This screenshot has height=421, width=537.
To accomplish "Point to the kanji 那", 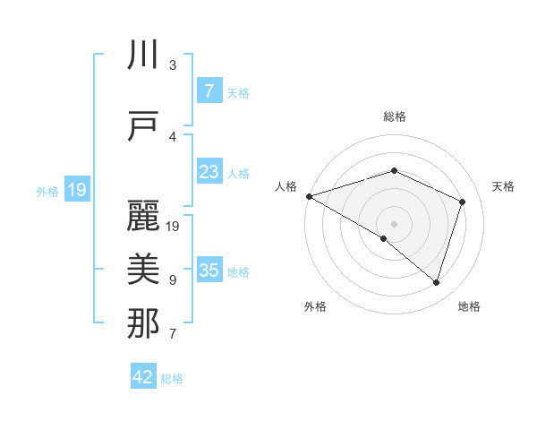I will [x=144, y=323].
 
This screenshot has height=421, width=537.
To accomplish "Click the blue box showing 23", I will [x=209, y=173].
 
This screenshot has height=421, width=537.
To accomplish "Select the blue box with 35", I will [x=209, y=271].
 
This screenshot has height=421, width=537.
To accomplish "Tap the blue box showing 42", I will [x=143, y=377].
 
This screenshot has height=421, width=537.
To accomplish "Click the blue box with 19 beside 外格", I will [x=77, y=190].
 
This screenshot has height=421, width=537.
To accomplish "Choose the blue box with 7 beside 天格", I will [x=209, y=91].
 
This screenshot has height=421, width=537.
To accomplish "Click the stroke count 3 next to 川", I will [x=173, y=65].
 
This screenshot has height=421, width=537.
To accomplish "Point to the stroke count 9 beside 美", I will [x=173, y=280].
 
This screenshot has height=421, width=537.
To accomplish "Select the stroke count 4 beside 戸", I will [x=173, y=136].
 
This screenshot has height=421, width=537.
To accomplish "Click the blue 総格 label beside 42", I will [x=172, y=379].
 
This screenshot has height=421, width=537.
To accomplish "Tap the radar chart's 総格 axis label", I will [x=394, y=116].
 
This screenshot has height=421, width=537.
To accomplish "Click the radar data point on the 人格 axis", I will [x=309, y=196].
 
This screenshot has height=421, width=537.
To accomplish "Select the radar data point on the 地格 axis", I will [x=436, y=282].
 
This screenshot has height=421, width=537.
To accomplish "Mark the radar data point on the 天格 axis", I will [x=462, y=202].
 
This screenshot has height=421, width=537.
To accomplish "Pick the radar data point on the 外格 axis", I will [x=384, y=238].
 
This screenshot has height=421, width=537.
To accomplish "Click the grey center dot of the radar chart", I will [x=394, y=223].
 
